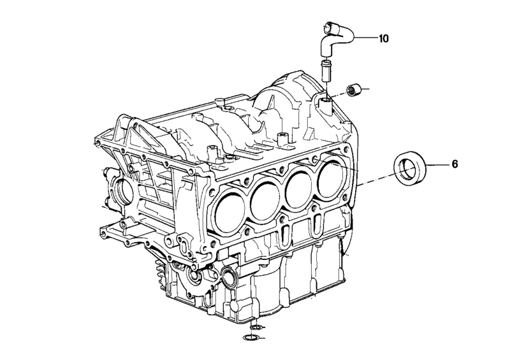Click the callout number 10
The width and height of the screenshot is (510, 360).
click(384, 39)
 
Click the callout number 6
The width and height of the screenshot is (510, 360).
click(455, 164)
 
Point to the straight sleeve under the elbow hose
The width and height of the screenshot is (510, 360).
click(326, 71)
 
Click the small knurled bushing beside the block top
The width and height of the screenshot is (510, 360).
click(353, 90)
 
